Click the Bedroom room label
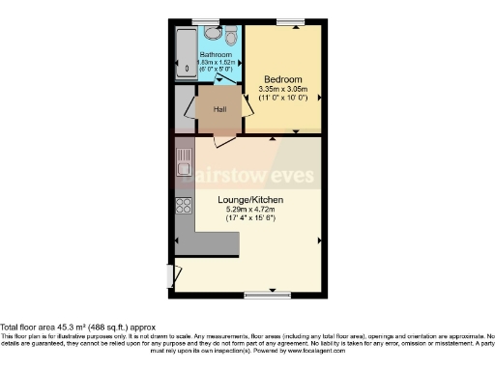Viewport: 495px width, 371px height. coord(282,78)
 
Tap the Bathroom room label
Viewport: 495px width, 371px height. coord(216,55)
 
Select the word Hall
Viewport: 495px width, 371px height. coord(219,109)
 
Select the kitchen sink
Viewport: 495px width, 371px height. coord(183,165)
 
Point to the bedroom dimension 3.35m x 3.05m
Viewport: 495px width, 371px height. coord(282,89)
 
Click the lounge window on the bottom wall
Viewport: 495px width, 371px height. coord(258,294)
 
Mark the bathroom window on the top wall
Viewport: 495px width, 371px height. coord(204,21)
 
